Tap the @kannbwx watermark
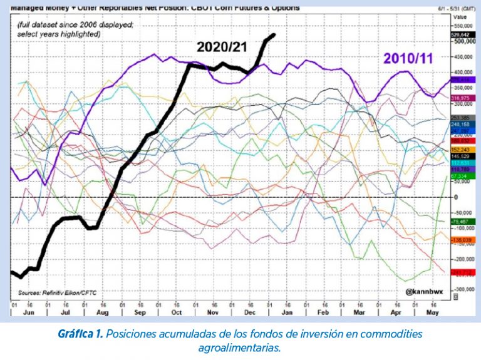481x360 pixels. click(x=424, y=292)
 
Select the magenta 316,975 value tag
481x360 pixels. click(x=460, y=99)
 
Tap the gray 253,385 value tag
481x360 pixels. click(x=460, y=118)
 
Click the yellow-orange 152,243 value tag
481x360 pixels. click(x=460, y=150)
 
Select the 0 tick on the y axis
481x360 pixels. click(x=457, y=197)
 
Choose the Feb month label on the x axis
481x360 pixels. click(x=323, y=311)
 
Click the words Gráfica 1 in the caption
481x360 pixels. click(x=80, y=334)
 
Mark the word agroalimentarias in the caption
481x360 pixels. click(x=240, y=347)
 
